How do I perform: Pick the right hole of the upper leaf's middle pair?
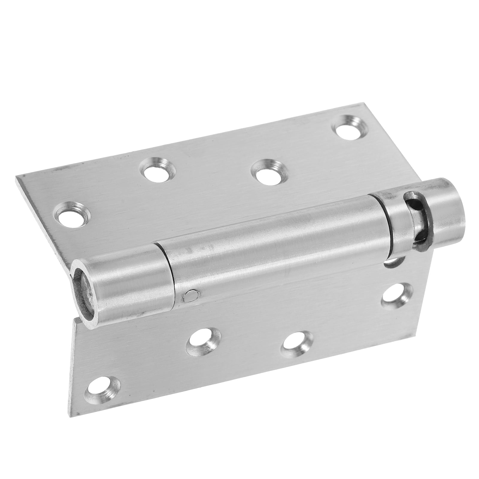click(267, 171)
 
